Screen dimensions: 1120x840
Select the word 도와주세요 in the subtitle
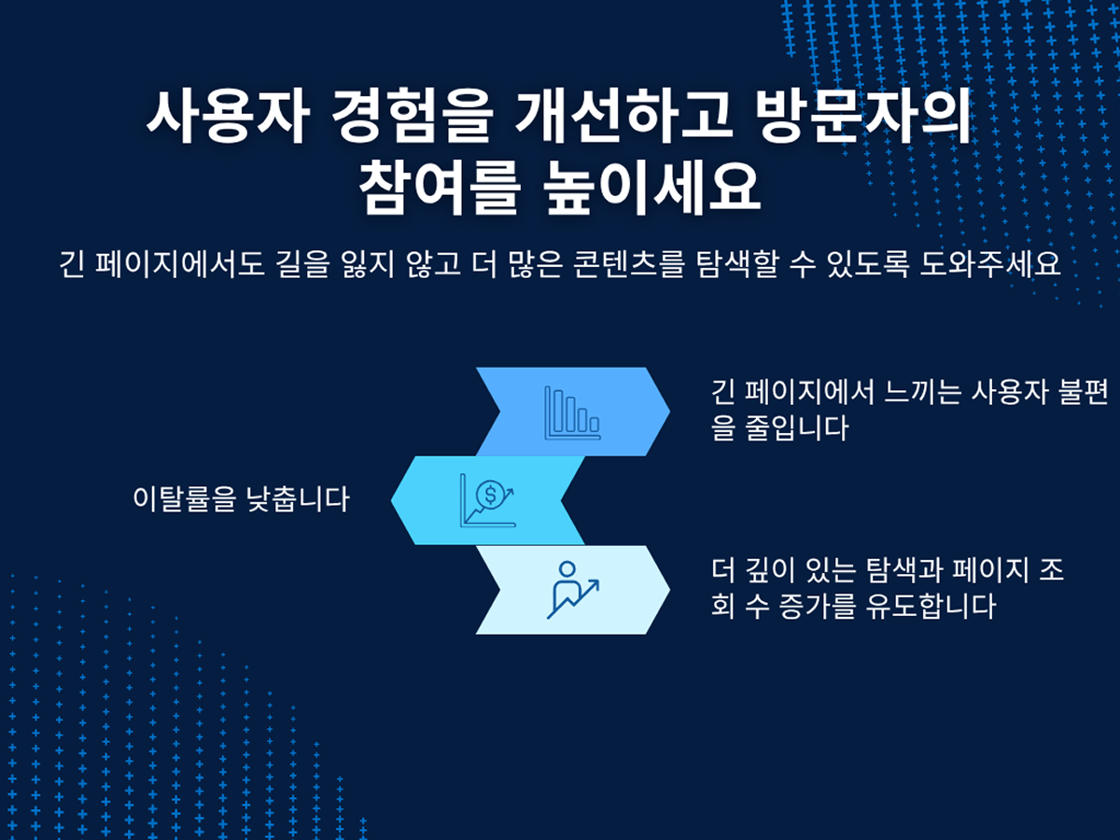click(x=990, y=264)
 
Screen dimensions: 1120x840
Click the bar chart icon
click(x=572, y=413)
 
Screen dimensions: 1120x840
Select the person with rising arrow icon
click(x=573, y=590)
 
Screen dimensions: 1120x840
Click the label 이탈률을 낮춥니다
click(x=241, y=499)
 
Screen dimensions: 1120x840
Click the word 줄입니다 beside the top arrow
click(x=797, y=427)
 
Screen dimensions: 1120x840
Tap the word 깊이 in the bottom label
click(x=770, y=570)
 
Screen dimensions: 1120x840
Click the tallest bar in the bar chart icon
click(x=558, y=411)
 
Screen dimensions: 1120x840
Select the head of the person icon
click(x=567, y=569)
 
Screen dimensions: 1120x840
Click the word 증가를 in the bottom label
click(x=817, y=607)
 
